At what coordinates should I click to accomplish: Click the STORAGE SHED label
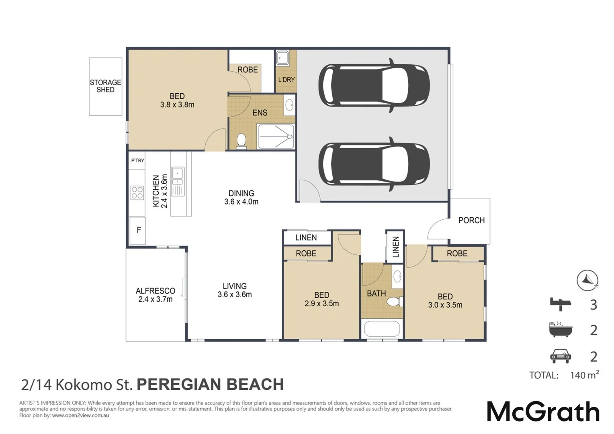click(106, 86)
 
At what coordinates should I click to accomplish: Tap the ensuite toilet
click(241, 141)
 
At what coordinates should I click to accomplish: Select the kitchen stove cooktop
click(137, 193)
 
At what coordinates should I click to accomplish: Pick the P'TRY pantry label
click(137, 160)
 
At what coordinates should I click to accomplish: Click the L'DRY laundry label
click(287, 80)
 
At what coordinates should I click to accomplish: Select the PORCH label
click(471, 220)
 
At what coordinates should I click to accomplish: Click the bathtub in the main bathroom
click(382, 328)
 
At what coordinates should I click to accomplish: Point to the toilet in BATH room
click(395, 302)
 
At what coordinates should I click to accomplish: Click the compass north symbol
click(587, 280)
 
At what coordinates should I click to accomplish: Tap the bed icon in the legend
click(561, 304)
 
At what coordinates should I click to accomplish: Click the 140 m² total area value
click(584, 375)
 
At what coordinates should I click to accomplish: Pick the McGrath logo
click(543, 411)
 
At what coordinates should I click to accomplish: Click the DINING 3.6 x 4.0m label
click(241, 197)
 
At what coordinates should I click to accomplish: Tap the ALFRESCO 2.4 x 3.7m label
click(156, 295)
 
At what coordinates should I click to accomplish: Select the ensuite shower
click(276, 136)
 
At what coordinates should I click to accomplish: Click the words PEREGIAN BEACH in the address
click(210, 385)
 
